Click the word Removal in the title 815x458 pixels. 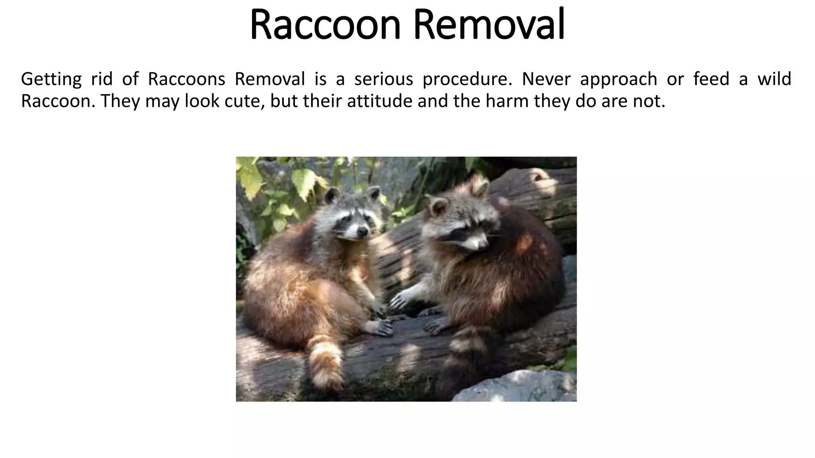click(489, 25)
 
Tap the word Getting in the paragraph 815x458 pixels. click(51, 79)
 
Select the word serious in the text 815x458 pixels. click(384, 79)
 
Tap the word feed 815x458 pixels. click(711, 79)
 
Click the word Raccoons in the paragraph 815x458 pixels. click(186, 79)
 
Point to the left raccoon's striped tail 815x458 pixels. click(326, 362)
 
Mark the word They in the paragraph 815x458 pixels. click(121, 101)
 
